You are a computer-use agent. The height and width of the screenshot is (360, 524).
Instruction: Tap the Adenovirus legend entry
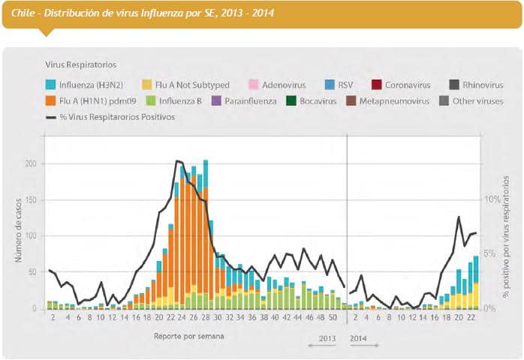[284, 85]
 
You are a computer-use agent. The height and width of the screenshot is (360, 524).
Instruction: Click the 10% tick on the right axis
[490, 199]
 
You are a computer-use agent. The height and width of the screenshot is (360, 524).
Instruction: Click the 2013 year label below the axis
[328, 338]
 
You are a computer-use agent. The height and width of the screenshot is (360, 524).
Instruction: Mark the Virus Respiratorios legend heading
[81, 65]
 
